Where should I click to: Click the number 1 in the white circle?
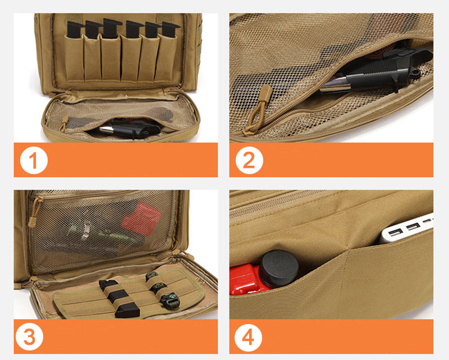click(34, 161)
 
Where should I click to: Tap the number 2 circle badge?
click(249, 161)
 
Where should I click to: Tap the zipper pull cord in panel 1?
click(64, 123)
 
